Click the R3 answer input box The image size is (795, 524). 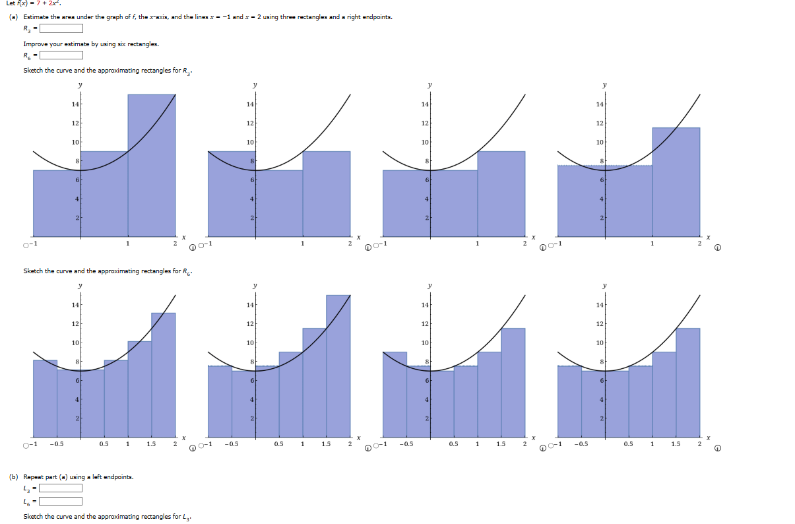tap(61, 28)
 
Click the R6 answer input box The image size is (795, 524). tap(61, 55)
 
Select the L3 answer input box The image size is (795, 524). tap(61, 488)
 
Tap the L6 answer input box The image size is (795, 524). tap(61, 501)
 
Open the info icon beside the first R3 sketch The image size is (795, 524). tap(192, 248)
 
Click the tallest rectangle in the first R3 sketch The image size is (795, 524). tap(152, 165)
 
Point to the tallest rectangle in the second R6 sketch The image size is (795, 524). tap(338, 366)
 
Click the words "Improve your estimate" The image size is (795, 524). tap(49, 44)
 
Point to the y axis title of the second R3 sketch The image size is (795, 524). tap(255, 85)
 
